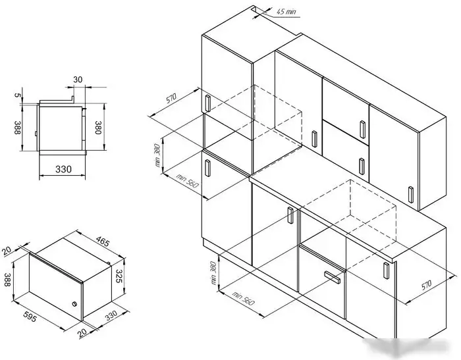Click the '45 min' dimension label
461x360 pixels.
click(287, 11)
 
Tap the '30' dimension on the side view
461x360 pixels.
click(78, 80)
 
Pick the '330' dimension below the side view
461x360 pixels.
click(63, 169)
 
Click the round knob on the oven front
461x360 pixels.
click(74, 305)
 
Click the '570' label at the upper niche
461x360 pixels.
click(172, 100)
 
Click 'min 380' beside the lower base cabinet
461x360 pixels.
click(214, 274)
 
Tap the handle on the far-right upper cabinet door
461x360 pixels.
click(411, 195)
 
